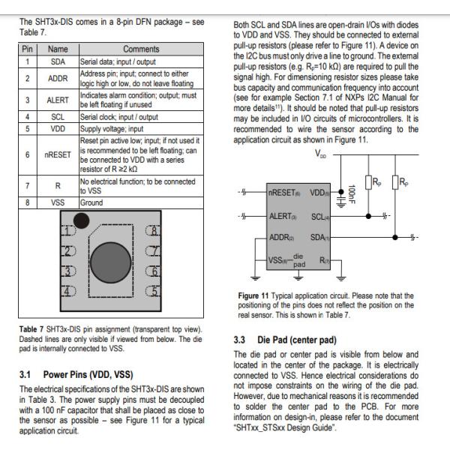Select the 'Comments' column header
140,48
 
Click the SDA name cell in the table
58,60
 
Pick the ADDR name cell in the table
58,77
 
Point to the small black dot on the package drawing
81,220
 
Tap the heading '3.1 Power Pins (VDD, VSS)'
76,373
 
